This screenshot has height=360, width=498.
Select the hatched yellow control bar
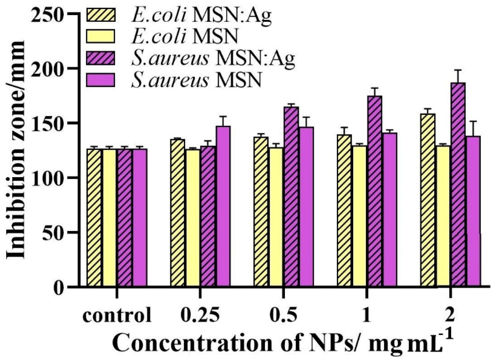pos(94,217)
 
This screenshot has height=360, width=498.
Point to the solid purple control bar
pos(140,217)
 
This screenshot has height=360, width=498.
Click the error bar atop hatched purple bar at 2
pos(458,76)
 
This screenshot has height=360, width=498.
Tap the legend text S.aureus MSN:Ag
pos(213,59)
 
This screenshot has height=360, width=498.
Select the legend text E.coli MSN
pos(185,37)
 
